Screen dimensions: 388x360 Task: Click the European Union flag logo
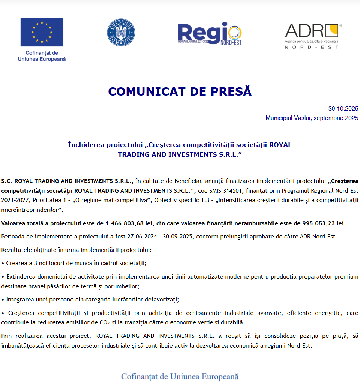tap(42, 32)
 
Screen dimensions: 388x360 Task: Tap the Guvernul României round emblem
tap(121, 32)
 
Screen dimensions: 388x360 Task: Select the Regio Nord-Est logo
tap(210, 34)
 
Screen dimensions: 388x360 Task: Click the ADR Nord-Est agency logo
tap(313, 36)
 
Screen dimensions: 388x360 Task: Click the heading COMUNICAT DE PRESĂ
tap(180, 91)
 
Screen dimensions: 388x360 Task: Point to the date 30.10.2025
tap(343, 109)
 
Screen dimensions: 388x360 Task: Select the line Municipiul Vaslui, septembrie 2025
tap(312, 118)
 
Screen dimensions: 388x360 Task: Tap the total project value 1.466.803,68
tap(128, 223)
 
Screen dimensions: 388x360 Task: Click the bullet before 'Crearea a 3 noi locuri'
tap(3, 263)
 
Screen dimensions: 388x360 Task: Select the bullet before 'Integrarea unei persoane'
tap(3, 300)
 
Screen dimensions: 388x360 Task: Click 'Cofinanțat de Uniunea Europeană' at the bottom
tap(180, 376)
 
